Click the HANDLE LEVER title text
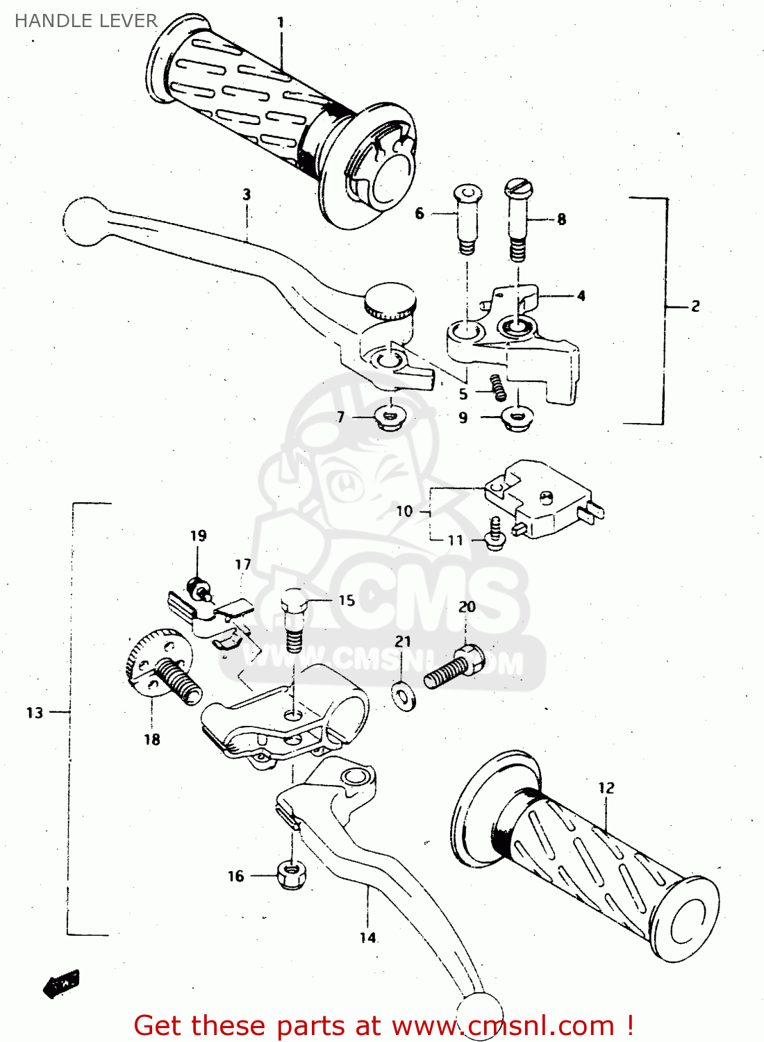click(86, 21)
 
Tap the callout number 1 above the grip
click(281, 23)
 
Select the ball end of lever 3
click(85, 222)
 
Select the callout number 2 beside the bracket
click(695, 306)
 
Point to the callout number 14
click(367, 938)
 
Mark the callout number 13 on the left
click(35, 713)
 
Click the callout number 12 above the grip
click(606, 788)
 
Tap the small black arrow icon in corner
click(62, 983)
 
